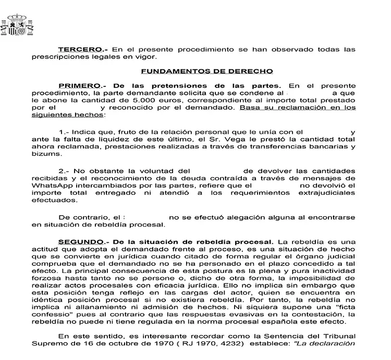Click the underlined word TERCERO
pos(76,49)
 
